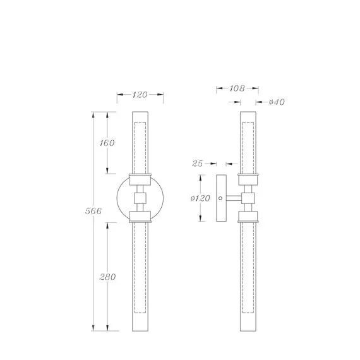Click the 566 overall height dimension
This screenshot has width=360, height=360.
point(93,211)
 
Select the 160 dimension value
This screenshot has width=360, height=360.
point(107,143)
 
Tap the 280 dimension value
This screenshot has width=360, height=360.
point(107,277)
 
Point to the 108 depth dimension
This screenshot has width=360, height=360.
point(237,88)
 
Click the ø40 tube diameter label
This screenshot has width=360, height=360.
point(277,102)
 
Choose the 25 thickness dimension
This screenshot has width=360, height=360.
point(198,164)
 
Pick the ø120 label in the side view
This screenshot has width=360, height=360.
point(200,198)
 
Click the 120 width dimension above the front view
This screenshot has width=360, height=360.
point(140,95)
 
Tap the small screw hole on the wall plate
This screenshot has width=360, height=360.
point(220,198)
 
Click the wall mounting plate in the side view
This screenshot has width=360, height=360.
point(221,198)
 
